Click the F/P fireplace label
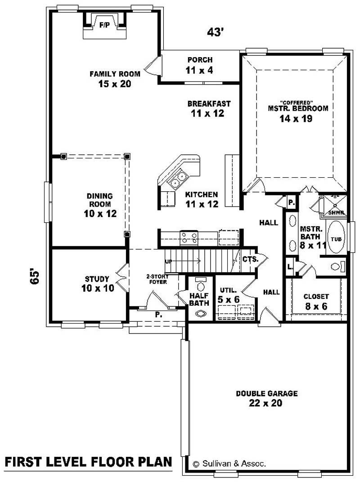coord(104,25)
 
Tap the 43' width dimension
coord(216,32)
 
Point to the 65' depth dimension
coord(35,276)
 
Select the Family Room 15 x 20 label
coord(115,79)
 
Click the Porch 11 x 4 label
coord(200,65)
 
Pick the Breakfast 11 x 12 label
coord(209,108)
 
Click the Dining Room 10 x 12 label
coord(100,205)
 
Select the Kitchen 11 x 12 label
coord(202,199)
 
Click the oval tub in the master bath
coord(336,239)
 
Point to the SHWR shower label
coord(336,212)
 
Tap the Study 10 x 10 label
coord(97,284)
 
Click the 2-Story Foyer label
coord(157,279)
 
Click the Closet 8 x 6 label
coord(316,301)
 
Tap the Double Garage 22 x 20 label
coord(267,398)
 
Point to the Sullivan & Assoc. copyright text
coord(229,463)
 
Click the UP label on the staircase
coord(168,261)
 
